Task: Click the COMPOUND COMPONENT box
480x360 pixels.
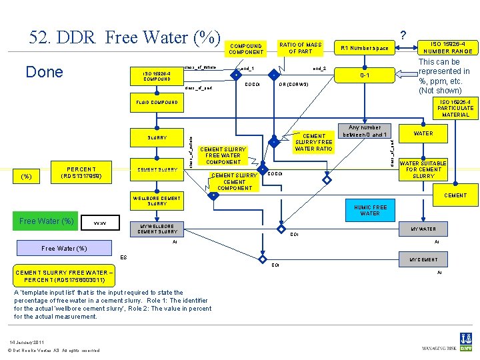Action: [246, 49]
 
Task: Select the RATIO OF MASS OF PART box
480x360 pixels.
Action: [300, 48]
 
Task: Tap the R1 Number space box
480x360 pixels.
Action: [364, 48]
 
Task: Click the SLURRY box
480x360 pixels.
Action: [157, 137]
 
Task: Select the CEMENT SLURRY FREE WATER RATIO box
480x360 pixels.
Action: [314, 142]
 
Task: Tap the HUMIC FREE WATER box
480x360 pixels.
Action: [370, 210]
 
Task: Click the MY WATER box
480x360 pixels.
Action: [423, 229]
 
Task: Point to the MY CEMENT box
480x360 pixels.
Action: [423, 259]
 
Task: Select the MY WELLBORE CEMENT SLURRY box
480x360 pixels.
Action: [157, 229]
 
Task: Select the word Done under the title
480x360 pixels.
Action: [43, 72]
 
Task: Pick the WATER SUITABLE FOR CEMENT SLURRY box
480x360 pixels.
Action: [423, 169]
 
